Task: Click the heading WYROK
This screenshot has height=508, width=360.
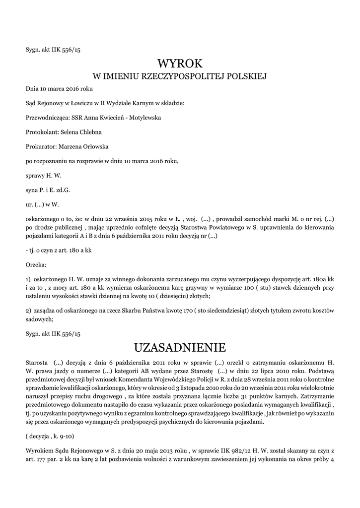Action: coord(180,63)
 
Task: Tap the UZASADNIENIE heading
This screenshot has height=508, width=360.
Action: coord(180,346)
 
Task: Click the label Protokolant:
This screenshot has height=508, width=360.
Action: coord(42,132)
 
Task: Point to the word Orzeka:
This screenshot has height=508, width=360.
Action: coord(36,265)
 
